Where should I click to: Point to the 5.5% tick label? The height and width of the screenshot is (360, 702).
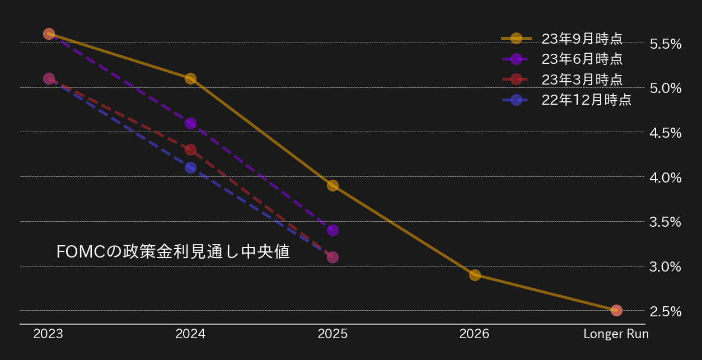(666, 44)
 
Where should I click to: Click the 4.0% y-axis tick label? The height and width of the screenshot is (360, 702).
(666, 177)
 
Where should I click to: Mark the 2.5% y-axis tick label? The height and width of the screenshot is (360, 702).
(666, 311)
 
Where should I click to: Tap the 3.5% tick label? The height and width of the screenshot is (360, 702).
(666, 222)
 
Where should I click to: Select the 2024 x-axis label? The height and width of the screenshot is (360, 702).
(190, 334)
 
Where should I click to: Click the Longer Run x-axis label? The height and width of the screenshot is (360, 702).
(616, 334)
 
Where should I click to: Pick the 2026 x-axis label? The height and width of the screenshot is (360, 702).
(474, 334)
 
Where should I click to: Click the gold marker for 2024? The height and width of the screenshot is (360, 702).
(190, 78)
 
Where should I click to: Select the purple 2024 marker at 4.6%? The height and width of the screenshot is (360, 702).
(190, 123)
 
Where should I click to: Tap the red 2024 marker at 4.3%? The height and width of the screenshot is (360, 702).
(190, 149)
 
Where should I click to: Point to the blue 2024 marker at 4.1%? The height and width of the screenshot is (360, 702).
(190, 167)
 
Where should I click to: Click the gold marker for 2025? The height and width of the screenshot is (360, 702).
(333, 185)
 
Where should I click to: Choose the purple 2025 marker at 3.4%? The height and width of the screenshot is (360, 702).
(333, 230)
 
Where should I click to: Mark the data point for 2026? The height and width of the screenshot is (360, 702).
(475, 275)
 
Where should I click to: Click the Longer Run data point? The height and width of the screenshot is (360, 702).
(616, 310)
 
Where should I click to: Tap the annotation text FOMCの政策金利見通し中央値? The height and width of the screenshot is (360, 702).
(173, 252)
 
